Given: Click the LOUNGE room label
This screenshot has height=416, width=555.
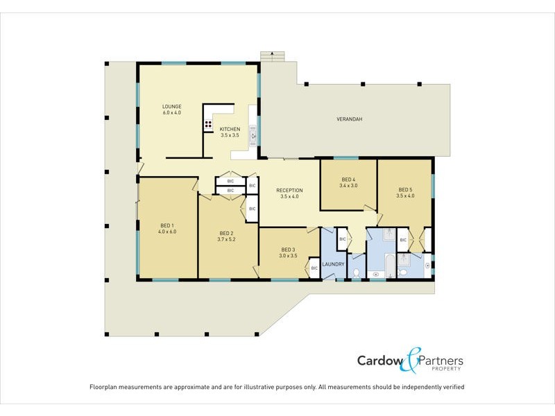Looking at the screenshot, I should (x=171, y=107).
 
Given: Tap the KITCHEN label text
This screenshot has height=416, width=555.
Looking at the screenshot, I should (x=230, y=130).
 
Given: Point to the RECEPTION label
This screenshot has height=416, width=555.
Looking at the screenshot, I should (x=289, y=190).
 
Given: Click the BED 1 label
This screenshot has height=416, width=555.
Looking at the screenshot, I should (x=168, y=225).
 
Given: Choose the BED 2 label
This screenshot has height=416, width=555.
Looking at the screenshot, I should (x=227, y=233).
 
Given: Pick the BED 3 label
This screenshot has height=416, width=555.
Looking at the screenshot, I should (x=289, y=250).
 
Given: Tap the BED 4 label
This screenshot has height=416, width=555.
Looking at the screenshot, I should (x=348, y=180).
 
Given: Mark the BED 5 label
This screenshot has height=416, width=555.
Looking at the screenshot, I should (x=405, y=189).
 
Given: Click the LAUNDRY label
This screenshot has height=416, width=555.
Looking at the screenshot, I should (x=334, y=264).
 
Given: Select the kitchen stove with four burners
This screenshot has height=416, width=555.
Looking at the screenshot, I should (x=208, y=125).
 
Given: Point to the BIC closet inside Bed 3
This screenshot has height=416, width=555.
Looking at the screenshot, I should (x=314, y=268).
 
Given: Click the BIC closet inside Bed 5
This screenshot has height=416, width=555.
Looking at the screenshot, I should (x=403, y=240).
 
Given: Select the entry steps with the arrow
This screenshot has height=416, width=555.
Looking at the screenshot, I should (x=272, y=55).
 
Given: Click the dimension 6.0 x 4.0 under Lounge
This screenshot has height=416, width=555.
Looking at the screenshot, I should (x=171, y=112).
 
